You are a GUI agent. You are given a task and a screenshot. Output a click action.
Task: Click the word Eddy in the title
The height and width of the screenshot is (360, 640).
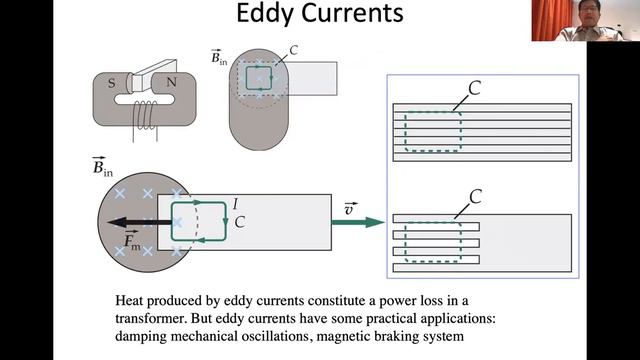point(265,13)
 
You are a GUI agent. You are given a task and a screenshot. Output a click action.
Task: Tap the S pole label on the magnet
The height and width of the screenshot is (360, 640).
point(111,84)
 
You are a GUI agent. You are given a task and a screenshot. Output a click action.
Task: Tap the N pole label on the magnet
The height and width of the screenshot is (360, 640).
point(171,82)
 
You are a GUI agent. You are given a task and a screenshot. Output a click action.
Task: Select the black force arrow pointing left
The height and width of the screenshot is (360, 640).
point(140,222)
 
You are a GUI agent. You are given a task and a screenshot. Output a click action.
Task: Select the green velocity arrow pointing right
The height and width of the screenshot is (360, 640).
point(358,222)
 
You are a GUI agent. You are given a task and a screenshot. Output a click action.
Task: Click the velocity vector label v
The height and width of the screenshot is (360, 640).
point(350,208)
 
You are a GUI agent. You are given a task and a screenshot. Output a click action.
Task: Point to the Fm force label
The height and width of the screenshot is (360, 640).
point(131,240)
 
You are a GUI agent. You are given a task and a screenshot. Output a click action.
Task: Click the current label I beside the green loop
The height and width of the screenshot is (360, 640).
point(235,204)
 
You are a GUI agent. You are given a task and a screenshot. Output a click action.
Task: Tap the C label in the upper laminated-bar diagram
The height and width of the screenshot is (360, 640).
point(474,88)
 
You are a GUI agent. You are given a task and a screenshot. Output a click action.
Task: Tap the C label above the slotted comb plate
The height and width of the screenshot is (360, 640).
point(476,197)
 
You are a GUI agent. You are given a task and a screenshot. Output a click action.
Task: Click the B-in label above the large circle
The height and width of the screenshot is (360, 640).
point(102,167)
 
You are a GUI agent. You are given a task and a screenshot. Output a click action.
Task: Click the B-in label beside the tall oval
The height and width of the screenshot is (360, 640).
point(219,57)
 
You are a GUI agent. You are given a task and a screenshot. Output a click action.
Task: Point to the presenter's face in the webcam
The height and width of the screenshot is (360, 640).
point(591,13)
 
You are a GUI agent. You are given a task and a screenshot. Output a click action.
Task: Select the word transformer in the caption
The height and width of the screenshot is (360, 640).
point(150,318)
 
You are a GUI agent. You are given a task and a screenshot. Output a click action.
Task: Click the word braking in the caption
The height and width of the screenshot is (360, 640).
point(396,337)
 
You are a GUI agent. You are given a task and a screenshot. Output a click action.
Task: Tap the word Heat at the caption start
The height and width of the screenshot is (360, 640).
point(129,300)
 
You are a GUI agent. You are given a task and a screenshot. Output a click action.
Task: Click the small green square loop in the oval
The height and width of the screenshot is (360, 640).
point(259,78)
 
